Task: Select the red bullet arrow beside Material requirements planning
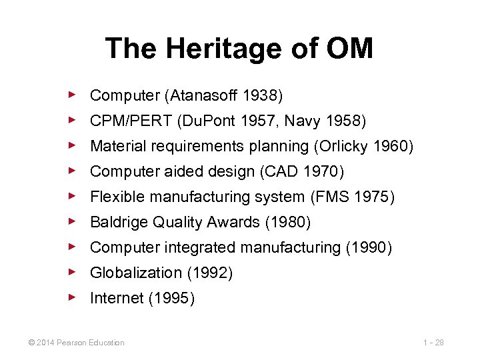point(73,145)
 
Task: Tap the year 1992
point(210,273)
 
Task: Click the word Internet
point(117,298)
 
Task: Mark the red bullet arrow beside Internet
point(73,297)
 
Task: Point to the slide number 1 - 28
point(433,343)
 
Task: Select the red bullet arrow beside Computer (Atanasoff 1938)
point(73,95)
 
